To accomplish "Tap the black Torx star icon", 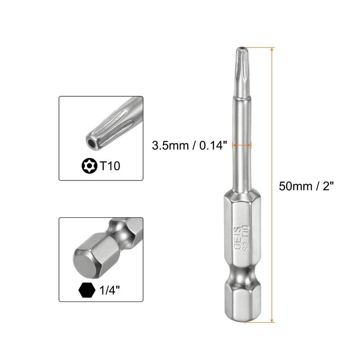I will (89, 166).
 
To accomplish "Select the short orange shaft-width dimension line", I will (242, 145).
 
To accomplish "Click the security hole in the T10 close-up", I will (91, 142).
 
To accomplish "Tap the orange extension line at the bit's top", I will (259, 47).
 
